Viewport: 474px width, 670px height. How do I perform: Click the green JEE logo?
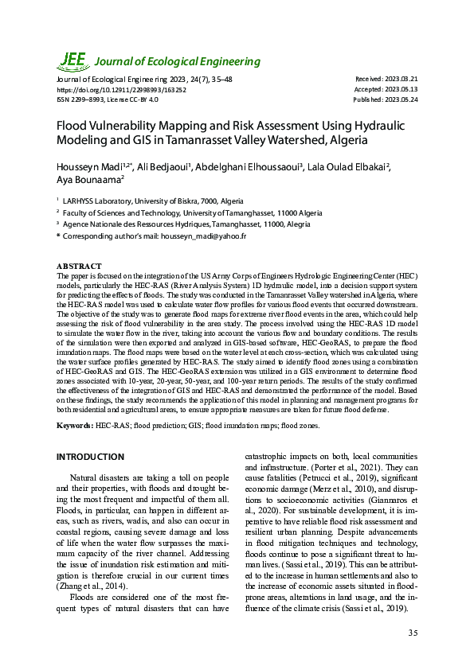[73, 60]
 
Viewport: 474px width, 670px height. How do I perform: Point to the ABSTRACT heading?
[79, 265]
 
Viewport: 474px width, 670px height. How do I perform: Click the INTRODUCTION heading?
[90, 457]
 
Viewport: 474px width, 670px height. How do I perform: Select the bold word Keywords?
[74, 427]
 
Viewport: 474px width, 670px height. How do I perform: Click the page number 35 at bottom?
[412, 633]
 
